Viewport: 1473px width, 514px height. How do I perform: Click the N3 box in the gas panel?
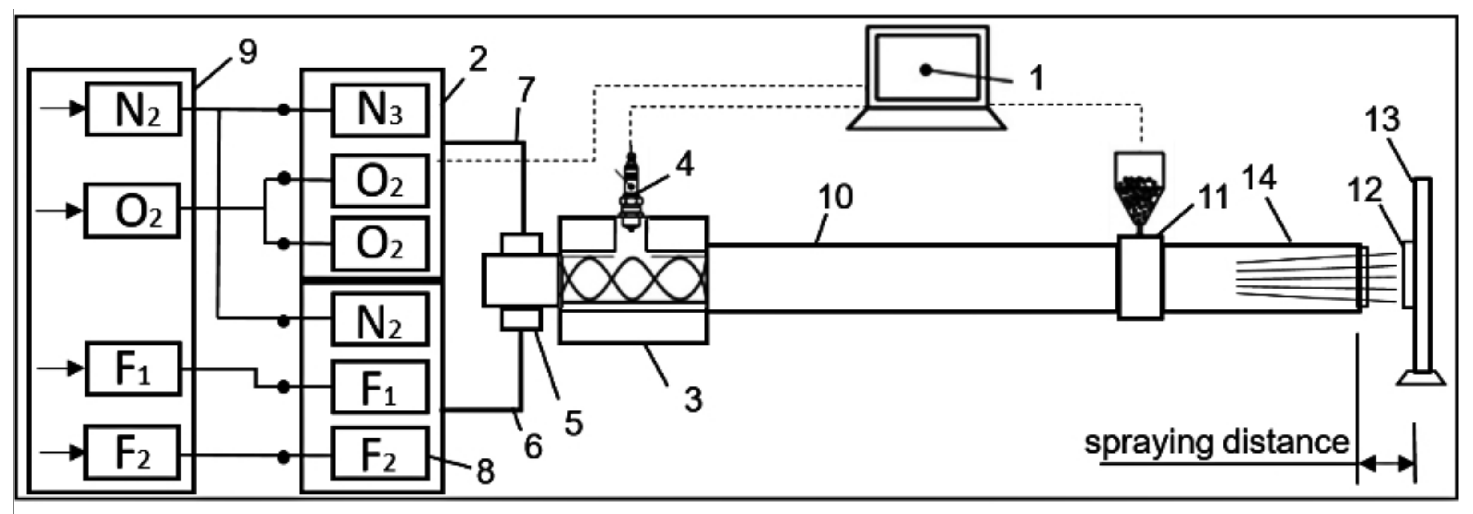click(x=380, y=110)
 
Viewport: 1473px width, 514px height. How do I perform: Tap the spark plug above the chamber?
click(x=631, y=192)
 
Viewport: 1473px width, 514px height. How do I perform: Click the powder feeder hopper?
click(x=1139, y=189)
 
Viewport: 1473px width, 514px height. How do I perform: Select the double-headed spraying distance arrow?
click(x=1386, y=464)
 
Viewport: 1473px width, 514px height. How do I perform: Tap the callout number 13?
click(x=1382, y=120)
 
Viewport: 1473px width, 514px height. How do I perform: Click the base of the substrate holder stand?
click(x=1421, y=378)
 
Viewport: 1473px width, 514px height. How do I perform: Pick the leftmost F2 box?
click(x=132, y=452)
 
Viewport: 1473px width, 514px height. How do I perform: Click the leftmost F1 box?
click(x=133, y=369)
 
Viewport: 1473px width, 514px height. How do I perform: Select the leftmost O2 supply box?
click(x=132, y=211)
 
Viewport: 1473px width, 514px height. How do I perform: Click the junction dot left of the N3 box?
click(x=283, y=110)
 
